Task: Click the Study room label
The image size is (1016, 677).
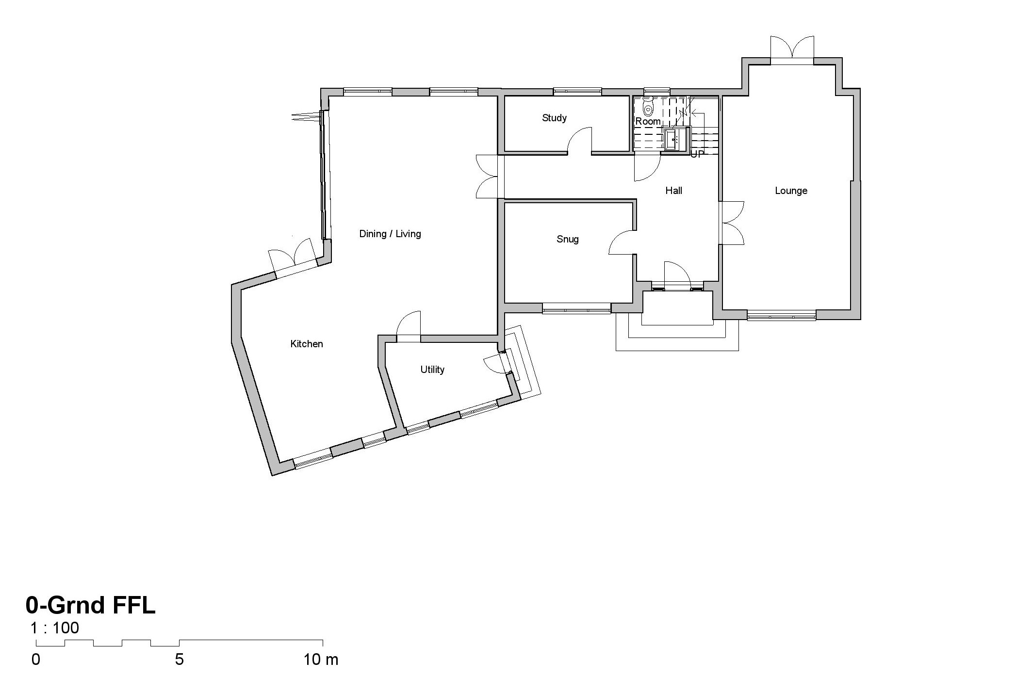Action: point(554,118)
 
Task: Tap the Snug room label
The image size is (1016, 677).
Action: point(567,239)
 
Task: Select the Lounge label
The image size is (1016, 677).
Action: point(791,191)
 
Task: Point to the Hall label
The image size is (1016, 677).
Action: point(673,191)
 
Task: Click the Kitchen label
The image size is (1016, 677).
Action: point(306,344)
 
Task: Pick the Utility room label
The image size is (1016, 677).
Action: point(432,370)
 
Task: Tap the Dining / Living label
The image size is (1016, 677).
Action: point(390,234)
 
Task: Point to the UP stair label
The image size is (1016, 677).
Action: point(697,154)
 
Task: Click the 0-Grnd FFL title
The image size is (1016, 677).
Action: point(91,605)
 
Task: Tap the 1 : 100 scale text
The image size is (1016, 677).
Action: point(54,628)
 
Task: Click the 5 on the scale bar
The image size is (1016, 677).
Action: point(179,660)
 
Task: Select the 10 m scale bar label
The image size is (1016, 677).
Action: point(321,660)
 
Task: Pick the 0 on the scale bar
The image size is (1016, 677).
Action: point(36,660)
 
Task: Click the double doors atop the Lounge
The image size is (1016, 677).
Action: point(792,48)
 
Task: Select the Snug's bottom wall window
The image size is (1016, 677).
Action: point(576,308)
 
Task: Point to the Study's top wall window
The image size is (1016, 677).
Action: point(577,91)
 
